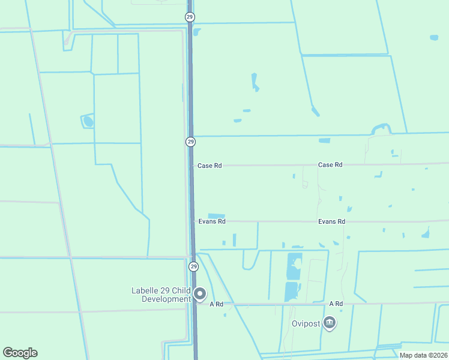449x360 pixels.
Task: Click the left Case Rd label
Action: (x=209, y=165)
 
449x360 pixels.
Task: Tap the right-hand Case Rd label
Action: (x=330, y=164)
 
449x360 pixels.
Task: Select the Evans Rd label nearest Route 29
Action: (x=212, y=221)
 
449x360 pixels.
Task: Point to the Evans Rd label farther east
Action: (x=332, y=221)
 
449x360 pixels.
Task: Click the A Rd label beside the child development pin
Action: (x=217, y=304)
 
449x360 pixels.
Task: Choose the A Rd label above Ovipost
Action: (x=336, y=304)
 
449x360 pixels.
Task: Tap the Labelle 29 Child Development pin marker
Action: (x=200, y=294)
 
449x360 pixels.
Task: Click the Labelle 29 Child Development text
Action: (x=161, y=295)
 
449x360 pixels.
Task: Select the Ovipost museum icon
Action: (x=330, y=323)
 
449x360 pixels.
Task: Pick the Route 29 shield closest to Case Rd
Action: (x=190, y=142)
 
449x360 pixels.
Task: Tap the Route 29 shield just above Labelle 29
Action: (x=193, y=266)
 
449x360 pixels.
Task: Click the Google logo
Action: (x=20, y=353)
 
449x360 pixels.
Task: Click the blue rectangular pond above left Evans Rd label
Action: (x=216, y=216)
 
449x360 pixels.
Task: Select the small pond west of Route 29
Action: (x=89, y=122)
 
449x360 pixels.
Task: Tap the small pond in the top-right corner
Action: (x=434, y=38)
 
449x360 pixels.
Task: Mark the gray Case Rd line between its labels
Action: (x=270, y=165)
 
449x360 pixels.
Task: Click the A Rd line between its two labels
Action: (x=276, y=304)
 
